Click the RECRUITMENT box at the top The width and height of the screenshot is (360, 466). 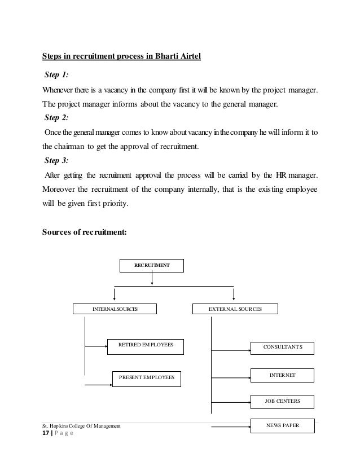tap(152, 265)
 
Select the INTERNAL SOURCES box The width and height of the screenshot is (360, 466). tap(115, 309)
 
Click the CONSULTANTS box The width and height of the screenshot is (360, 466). tap(282, 348)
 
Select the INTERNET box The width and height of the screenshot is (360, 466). tap(282, 375)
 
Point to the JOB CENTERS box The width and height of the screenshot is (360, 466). tap(282, 402)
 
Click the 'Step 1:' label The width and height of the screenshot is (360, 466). tap(56, 76)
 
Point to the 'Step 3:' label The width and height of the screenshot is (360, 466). tap(56, 160)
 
